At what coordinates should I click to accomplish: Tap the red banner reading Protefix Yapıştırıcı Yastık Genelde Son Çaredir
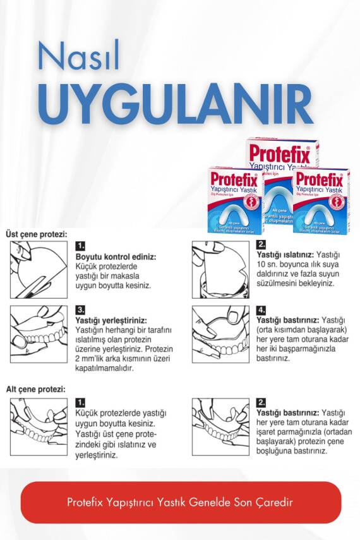[181, 502]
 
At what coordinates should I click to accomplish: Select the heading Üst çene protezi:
[36, 234]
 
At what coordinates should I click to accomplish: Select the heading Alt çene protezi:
[35, 390]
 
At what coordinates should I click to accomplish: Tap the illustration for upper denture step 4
[220, 334]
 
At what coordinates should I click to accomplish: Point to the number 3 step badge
[80, 310]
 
